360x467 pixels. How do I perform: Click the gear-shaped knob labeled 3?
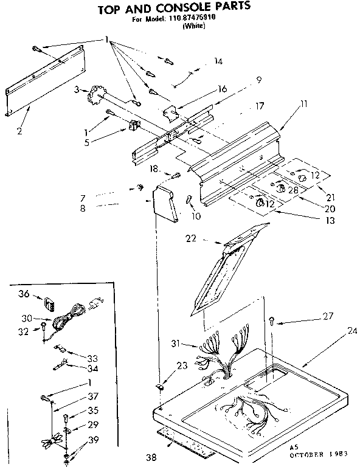(95, 95)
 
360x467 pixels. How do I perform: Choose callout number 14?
(218, 61)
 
